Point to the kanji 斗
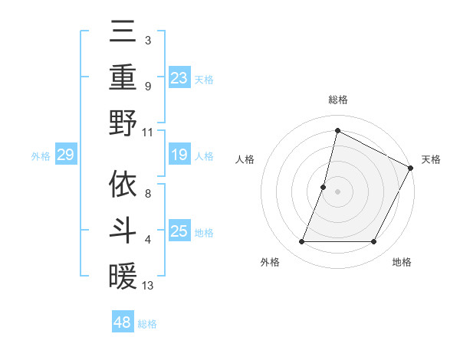tap(123, 229)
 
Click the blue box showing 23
tap(179, 78)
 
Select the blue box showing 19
tap(179, 155)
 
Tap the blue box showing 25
tap(179, 231)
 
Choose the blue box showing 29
tap(65, 155)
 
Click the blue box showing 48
tap(123, 322)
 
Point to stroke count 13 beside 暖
tap(149, 286)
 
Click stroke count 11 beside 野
tap(148, 131)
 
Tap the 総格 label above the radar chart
tap(337, 100)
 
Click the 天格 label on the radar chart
tap(431, 159)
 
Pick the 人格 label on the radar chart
tap(245, 159)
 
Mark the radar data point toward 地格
tap(374, 242)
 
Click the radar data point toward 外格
tap(301, 242)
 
